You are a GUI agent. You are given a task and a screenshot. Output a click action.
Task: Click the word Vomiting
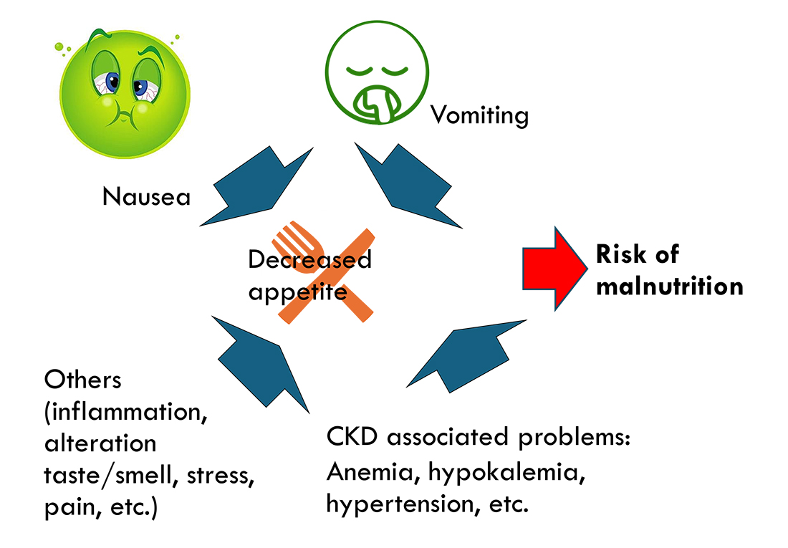[x=479, y=115]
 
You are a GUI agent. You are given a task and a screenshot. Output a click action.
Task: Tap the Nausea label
[x=146, y=196]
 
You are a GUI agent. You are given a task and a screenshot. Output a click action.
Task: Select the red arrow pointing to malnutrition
[x=554, y=269]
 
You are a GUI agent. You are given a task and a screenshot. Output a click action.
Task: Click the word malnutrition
[x=669, y=286]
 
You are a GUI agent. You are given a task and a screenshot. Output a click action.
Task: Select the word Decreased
[x=309, y=259]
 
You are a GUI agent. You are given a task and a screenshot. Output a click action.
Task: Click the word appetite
[x=297, y=292]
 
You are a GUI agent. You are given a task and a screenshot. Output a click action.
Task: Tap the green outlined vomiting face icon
[x=377, y=72]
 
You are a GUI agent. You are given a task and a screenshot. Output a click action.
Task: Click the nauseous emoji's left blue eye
[x=112, y=80]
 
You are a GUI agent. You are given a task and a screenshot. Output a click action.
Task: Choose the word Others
[x=83, y=380]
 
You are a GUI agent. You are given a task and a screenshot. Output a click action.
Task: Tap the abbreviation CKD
[x=352, y=437]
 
